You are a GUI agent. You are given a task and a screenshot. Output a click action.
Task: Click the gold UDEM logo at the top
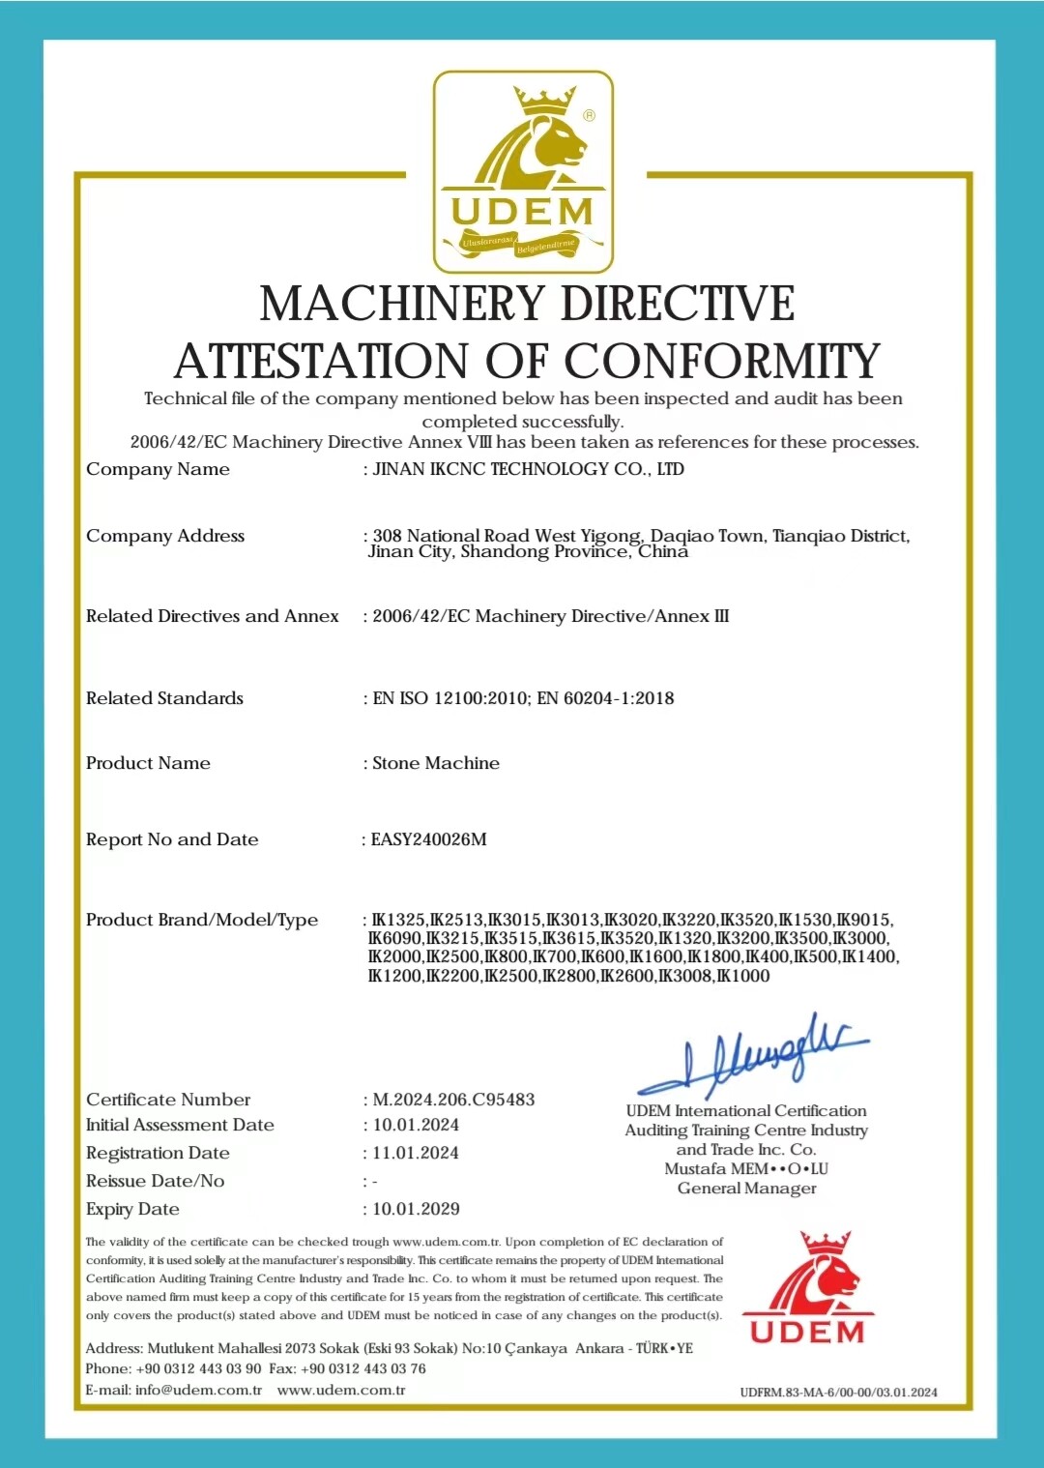523,172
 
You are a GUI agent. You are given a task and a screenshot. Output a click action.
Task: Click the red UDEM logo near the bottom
807,1288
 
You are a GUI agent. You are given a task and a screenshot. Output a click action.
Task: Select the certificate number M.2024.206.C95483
453,1100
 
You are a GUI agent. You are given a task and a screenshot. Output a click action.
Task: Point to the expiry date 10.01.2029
416,1209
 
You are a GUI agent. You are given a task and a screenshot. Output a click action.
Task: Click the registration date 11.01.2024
416,1153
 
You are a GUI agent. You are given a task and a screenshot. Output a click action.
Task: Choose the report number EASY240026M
428,839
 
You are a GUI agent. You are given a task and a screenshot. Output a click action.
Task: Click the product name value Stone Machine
436,763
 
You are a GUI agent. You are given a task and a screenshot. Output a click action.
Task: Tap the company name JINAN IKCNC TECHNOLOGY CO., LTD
528,469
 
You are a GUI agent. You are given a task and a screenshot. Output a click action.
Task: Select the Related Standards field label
164,698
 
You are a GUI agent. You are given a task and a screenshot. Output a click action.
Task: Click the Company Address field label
165,536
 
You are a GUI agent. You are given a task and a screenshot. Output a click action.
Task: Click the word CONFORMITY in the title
721,362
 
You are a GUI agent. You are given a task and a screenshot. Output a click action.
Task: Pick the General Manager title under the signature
746,1189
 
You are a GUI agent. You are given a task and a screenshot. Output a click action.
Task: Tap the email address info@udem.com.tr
198,1390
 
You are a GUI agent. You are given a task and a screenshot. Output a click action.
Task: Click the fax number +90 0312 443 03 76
362,1368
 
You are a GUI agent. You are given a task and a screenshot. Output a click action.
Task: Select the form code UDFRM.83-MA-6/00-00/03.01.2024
838,1393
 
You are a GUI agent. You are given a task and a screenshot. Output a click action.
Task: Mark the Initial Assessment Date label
180,1125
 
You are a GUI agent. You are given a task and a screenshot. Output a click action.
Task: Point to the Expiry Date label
132,1209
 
